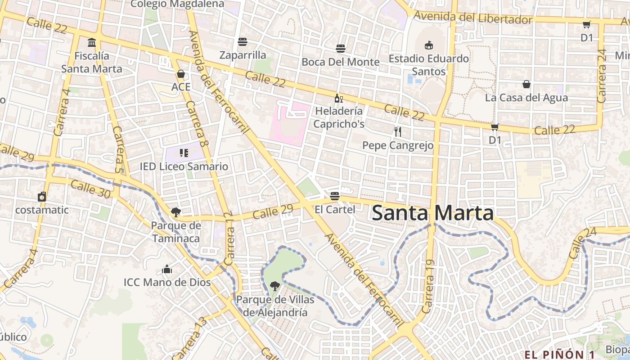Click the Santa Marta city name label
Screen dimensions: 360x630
(432, 213)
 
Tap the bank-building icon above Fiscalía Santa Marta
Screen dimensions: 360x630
(92, 43)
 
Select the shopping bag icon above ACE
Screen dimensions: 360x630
(181, 73)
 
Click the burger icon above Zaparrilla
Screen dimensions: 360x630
(243, 42)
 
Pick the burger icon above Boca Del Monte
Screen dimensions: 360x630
(341, 49)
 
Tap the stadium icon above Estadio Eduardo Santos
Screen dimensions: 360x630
(429, 45)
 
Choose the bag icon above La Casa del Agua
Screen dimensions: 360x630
(526, 84)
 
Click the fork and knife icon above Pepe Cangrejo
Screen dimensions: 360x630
(397, 132)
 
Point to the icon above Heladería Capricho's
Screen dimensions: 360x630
(338, 98)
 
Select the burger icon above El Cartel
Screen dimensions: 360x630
(334, 196)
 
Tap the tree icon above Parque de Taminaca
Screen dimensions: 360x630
(175, 212)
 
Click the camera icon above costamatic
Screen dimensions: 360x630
(42, 197)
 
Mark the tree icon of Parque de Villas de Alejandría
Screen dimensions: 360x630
(274, 286)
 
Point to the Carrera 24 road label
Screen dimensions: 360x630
(602, 76)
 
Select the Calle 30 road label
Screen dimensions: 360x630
(90, 189)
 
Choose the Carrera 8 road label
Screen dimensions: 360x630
(197, 124)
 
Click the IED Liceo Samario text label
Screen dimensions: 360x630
(184, 166)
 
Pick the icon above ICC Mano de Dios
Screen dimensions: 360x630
(167, 270)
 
